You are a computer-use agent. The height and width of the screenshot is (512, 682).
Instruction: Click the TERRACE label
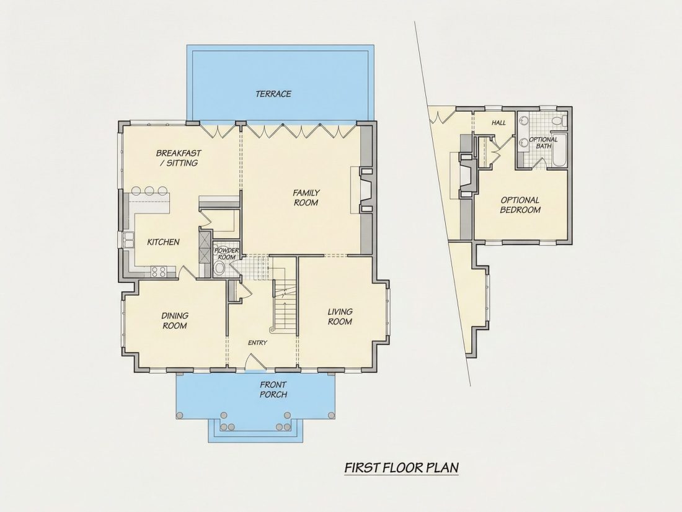(x=273, y=94)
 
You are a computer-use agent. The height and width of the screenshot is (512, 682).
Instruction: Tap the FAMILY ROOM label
(x=306, y=197)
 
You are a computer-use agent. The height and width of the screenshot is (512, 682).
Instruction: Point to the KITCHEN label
(x=163, y=242)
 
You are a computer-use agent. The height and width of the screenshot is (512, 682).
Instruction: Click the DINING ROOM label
(x=174, y=320)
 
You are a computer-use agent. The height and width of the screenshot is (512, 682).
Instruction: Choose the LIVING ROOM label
(x=340, y=317)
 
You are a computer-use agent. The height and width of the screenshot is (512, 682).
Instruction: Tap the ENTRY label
(x=257, y=343)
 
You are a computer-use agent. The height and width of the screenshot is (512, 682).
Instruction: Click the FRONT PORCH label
(x=273, y=390)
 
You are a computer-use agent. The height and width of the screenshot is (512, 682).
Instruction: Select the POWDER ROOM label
(x=226, y=254)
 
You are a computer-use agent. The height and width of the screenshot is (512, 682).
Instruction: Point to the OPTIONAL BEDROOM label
(x=520, y=205)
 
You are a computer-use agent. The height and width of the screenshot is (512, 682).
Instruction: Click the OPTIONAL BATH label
(x=543, y=143)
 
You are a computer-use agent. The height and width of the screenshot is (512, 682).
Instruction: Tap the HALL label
(x=498, y=123)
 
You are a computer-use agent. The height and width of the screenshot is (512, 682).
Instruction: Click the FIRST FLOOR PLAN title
(x=402, y=467)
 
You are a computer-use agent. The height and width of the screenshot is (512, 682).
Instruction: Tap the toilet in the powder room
(x=219, y=267)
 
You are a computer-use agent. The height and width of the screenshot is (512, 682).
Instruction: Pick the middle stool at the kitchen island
(x=149, y=191)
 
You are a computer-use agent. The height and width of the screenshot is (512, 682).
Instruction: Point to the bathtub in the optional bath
(x=559, y=151)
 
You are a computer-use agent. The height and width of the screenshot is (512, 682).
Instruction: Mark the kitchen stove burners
(x=158, y=272)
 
